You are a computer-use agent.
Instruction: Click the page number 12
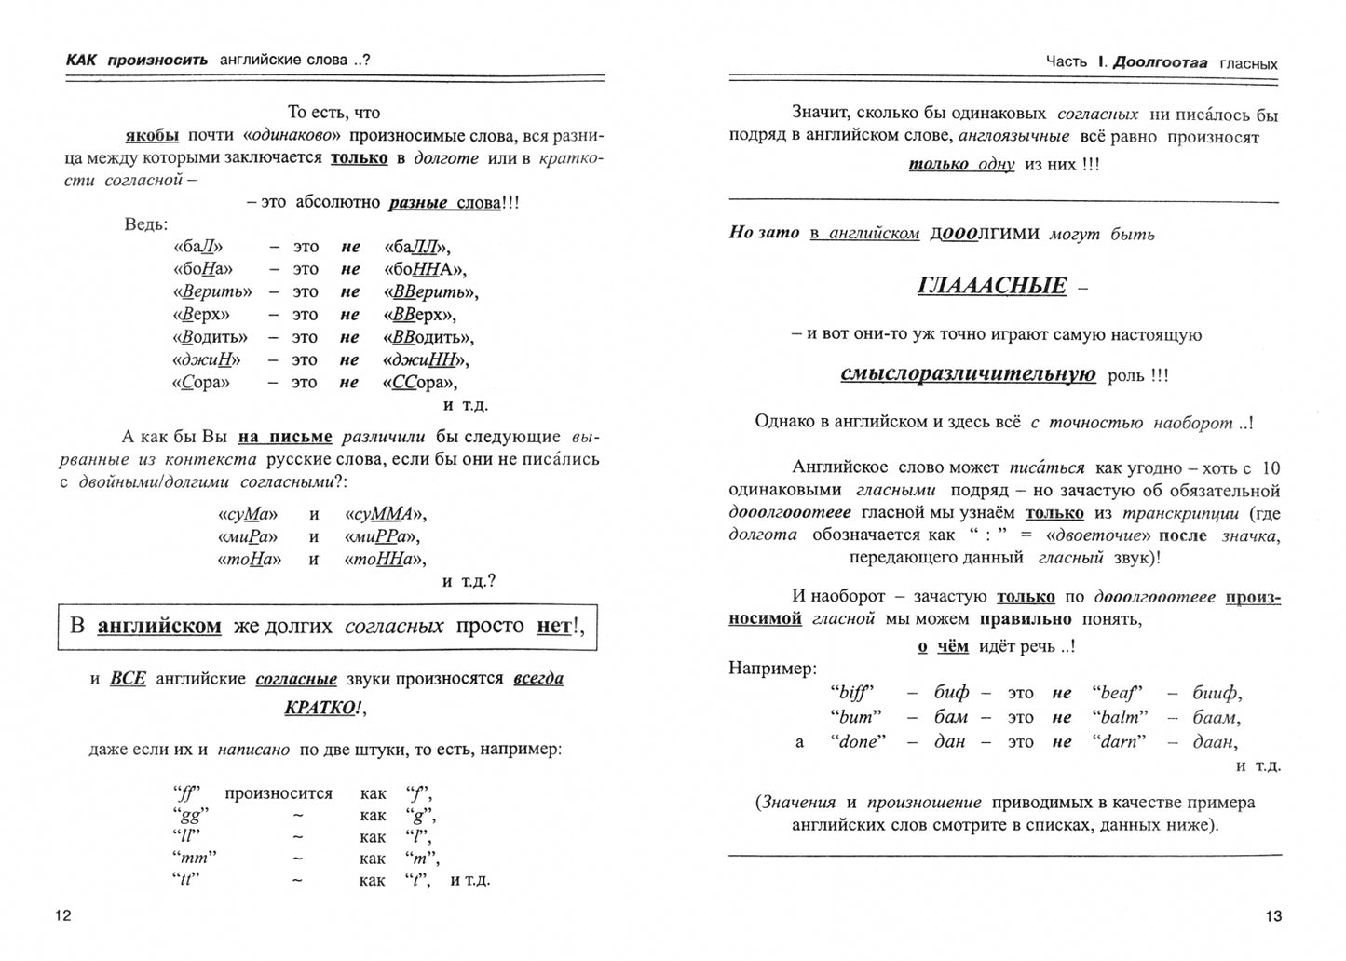[63, 915]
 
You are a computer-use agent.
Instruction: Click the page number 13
[1273, 915]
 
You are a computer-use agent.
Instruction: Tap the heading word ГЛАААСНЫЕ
[991, 286]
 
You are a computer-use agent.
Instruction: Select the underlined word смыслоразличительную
[968, 374]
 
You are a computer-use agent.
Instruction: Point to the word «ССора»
[419, 383]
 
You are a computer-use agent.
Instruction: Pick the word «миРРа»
[382, 536]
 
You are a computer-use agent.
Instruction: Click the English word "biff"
[853, 693]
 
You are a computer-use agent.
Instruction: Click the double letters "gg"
[187, 815]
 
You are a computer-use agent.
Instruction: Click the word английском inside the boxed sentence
[159, 626]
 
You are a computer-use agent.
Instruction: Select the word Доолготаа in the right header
[1160, 62]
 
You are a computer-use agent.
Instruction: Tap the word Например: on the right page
[772, 669]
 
